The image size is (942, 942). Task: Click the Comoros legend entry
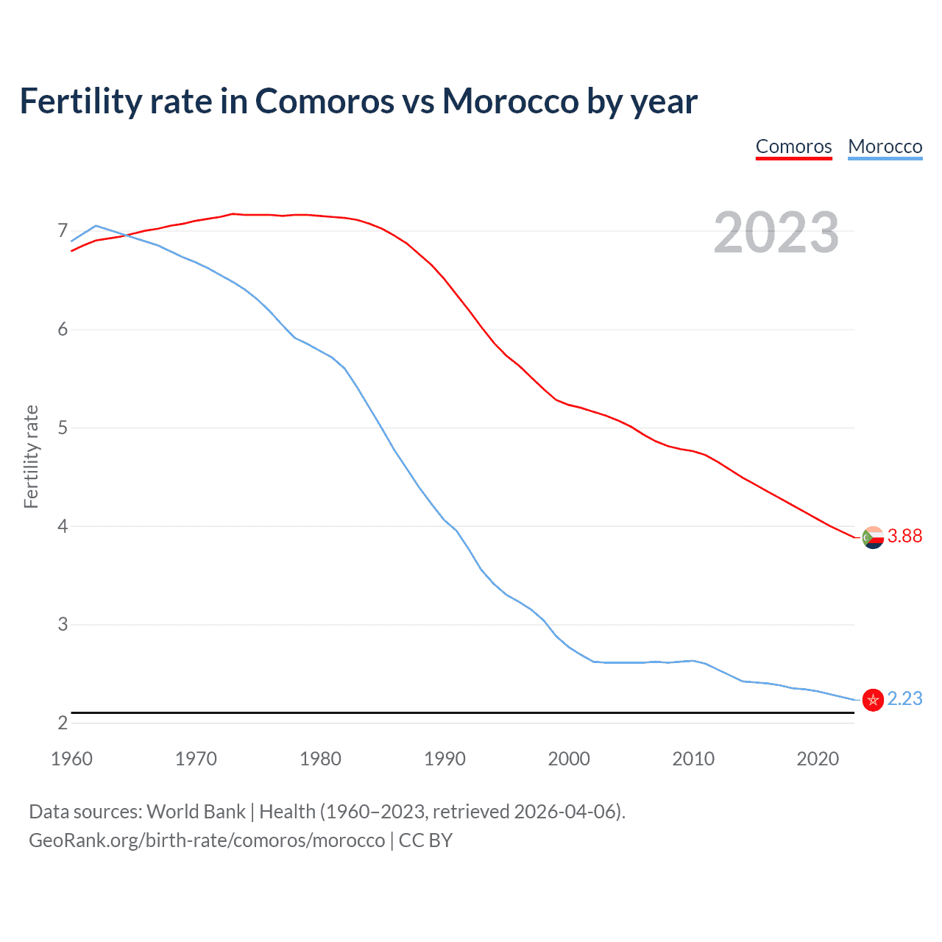[x=793, y=146]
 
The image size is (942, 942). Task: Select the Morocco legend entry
[x=885, y=146]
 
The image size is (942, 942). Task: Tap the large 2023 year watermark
[x=776, y=233]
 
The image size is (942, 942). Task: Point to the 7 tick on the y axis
[x=63, y=231]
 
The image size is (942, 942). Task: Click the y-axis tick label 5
[x=63, y=428]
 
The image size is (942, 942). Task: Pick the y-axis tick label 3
[x=63, y=624]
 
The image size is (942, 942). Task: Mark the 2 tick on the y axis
[x=63, y=723]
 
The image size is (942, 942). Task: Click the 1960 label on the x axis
[x=71, y=759]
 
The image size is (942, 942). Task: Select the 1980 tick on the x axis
[x=320, y=759]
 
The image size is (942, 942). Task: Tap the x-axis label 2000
[x=569, y=759]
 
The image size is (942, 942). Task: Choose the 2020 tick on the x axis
[x=818, y=759]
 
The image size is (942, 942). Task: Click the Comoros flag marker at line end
[x=873, y=537]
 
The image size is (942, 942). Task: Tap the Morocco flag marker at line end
[x=873, y=700]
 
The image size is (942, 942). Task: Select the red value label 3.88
[x=904, y=536]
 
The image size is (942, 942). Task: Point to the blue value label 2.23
[x=904, y=699]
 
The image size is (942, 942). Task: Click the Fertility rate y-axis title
[x=31, y=456]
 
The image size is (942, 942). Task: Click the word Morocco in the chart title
[x=510, y=101]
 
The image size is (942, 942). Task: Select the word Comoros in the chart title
[x=325, y=101]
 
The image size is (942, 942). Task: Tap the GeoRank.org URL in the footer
[x=207, y=840]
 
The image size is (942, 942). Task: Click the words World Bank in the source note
[x=196, y=812]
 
